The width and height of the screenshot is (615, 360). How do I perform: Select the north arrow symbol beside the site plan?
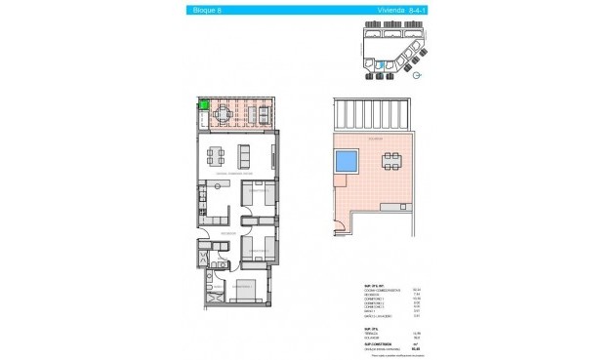coord(417,76)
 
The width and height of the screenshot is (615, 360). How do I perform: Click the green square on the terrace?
coord(205,107)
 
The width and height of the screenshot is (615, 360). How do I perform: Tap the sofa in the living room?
coord(246,155)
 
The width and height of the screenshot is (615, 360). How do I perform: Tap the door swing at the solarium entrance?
coord(337,229)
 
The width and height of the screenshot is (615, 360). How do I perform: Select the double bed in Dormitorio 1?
coord(244,289)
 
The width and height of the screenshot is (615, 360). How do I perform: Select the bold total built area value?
coord(417,349)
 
